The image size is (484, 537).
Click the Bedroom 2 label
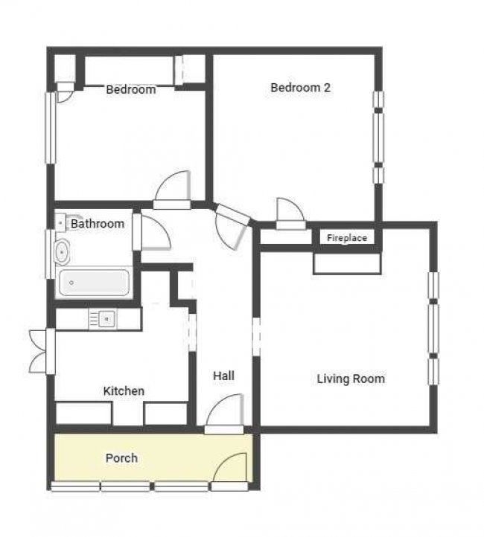(x=300, y=88)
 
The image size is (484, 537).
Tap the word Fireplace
(x=347, y=238)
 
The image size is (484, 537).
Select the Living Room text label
(x=351, y=379)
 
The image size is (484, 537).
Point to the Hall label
(x=224, y=376)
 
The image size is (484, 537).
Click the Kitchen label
(x=124, y=390)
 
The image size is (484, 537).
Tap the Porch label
(x=121, y=458)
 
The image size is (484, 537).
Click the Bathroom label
(x=98, y=224)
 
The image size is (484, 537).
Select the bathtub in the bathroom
(x=94, y=283)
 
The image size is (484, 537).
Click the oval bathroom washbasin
(x=63, y=252)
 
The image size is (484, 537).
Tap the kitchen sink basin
(x=107, y=319)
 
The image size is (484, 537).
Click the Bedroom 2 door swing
(x=290, y=210)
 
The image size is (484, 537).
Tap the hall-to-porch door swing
(x=225, y=410)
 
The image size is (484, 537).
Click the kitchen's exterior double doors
(x=39, y=351)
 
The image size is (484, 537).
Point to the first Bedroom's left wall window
(x=51, y=128)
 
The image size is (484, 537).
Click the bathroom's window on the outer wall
(x=50, y=254)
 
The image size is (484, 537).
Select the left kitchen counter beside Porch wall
(x=83, y=414)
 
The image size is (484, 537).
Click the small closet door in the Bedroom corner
(x=65, y=92)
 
